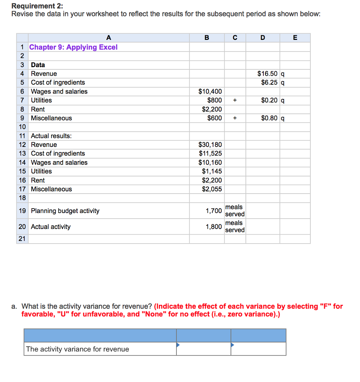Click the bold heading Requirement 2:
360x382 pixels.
34,6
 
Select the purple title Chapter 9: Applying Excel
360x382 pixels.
73,47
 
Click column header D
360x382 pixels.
263,37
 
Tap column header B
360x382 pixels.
207,37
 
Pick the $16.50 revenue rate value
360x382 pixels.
268,74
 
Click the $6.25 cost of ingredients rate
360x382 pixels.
269,82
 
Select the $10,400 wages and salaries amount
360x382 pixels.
210,91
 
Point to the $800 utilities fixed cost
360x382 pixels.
215,100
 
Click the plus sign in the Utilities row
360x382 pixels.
235,100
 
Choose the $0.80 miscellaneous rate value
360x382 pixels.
269,118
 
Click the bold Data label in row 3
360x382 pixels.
38,65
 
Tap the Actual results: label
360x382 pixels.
51,136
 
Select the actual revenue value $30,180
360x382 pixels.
210,145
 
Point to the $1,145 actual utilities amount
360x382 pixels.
212,171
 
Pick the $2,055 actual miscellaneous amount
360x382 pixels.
212,189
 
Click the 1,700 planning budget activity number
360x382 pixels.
214,211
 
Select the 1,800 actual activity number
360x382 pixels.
214,227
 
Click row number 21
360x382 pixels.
22,239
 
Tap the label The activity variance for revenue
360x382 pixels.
77,349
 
